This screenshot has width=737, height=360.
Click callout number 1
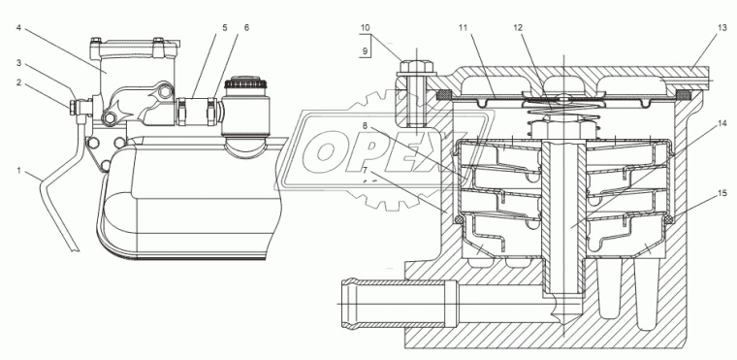pos(19,171)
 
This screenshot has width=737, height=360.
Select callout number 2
pos(19,82)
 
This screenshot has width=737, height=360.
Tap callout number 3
pos(19,63)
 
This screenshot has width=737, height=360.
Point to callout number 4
pos(18,27)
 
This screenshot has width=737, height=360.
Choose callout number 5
pos(225,27)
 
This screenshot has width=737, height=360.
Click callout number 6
pos(246,27)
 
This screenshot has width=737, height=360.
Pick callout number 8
pos(365,125)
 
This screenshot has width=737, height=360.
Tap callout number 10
pos(366,27)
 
